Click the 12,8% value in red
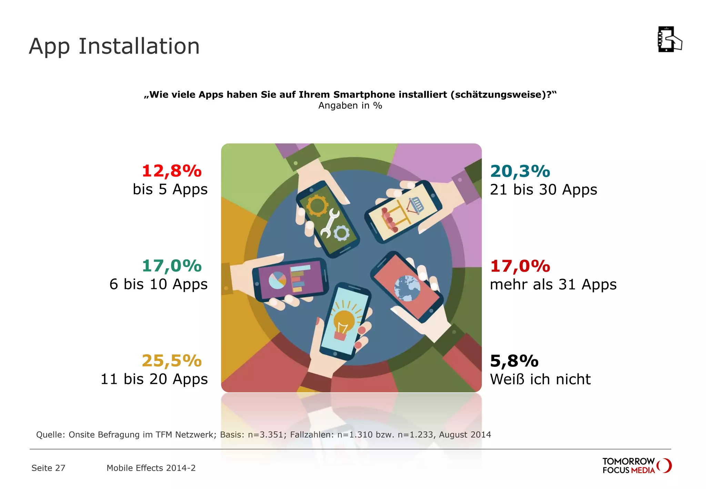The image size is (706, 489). coord(172,171)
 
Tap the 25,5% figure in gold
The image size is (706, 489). coord(172,361)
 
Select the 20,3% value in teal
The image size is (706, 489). coord(520,171)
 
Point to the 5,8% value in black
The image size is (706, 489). coord(514,361)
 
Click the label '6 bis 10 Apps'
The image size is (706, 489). coord(159,284)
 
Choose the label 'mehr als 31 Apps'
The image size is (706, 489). coord(553,285)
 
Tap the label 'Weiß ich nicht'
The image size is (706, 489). coord(540,379)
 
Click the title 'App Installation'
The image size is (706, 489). coord(114,46)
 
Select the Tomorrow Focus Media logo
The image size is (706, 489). coord(636,466)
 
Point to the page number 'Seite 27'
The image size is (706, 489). coord(48,468)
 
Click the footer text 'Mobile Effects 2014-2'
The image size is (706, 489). coord(151,468)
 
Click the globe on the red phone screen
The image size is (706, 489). coord(407,288)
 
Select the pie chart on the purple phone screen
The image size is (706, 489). coord(278,280)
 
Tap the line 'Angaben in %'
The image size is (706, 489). coord(350,106)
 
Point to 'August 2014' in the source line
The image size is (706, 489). coord(465,435)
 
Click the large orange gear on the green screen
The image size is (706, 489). coord(317,206)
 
